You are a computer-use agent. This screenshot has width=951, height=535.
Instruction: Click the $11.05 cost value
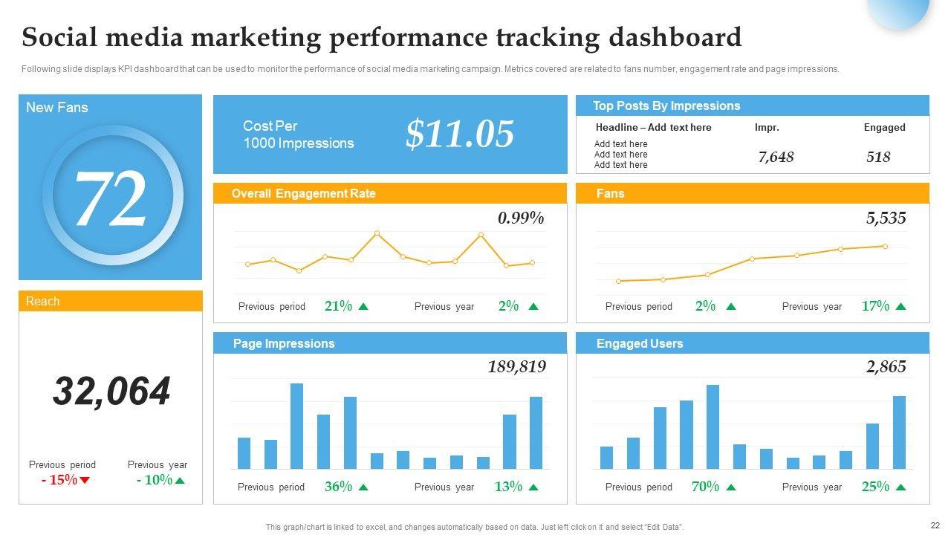(460, 134)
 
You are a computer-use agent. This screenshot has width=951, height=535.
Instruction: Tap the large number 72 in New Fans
(111, 199)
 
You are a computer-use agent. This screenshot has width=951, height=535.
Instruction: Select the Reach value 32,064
(111, 391)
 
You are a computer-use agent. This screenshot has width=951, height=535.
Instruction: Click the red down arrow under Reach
(85, 480)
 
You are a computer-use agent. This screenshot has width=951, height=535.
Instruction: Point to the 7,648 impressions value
(776, 157)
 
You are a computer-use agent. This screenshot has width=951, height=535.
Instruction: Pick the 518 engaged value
(878, 157)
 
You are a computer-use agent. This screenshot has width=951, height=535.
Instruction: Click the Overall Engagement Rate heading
(303, 193)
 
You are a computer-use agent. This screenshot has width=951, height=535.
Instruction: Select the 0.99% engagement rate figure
(521, 218)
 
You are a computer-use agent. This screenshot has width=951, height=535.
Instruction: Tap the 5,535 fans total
(886, 218)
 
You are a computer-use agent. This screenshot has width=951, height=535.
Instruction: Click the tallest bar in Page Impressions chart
(296, 426)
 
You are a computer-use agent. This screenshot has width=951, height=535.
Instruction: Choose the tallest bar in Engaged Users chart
(713, 427)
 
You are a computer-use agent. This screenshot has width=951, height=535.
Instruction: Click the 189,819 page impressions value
(516, 366)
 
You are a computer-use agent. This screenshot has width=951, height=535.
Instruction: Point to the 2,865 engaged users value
(886, 366)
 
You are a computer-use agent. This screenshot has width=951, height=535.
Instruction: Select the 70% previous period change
(705, 487)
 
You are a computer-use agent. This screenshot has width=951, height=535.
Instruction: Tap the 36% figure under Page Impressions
(338, 487)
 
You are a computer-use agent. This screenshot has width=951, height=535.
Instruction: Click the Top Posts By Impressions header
(666, 106)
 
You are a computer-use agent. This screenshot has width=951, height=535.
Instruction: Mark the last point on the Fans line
(885, 246)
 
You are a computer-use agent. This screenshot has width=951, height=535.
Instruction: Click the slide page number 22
(935, 525)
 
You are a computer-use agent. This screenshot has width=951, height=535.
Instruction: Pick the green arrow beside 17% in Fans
(900, 306)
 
